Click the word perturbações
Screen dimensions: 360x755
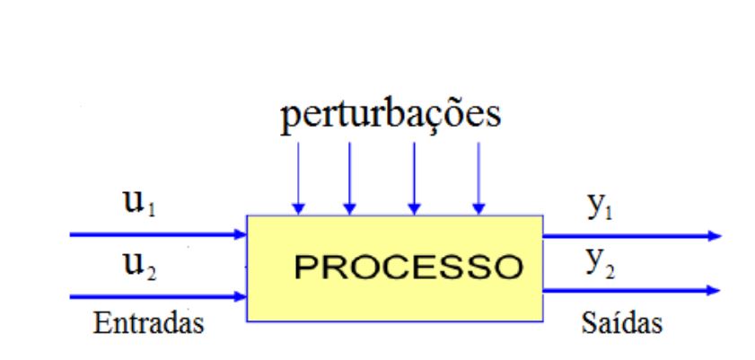click(x=388, y=119)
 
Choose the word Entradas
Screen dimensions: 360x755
click(x=145, y=321)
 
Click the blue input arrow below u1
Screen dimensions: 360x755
click(x=157, y=235)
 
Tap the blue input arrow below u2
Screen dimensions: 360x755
click(x=157, y=294)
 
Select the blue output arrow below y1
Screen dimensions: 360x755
click(x=628, y=236)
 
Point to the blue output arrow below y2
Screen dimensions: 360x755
click(x=628, y=290)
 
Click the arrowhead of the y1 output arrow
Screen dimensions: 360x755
click(x=714, y=236)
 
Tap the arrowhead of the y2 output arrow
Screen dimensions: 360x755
click(x=714, y=290)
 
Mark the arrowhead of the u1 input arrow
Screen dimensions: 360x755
click(x=241, y=235)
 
